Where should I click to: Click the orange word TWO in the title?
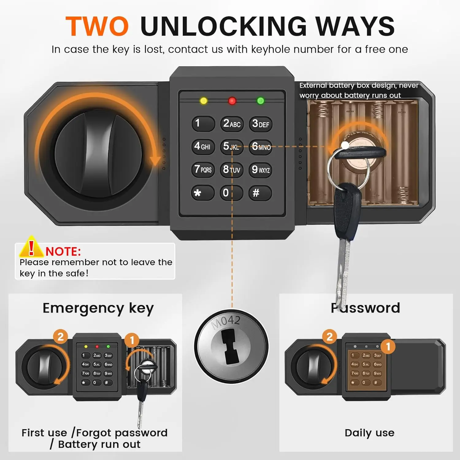click(97, 26)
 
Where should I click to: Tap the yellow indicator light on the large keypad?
click(203, 101)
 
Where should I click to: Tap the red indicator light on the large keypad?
click(232, 101)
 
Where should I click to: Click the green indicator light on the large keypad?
click(260, 101)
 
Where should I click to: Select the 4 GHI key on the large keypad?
click(203, 146)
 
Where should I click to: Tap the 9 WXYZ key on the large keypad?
click(260, 170)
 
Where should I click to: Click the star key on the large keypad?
click(203, 193)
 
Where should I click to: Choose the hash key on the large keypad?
click(260, 193)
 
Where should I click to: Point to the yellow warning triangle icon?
click(31, 247)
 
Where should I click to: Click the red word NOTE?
click(63, 251)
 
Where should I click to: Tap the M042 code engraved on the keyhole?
click(226, 322)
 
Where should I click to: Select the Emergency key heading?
click(98, 308)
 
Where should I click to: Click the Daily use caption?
click(369, 433)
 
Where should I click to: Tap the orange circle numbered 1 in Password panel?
click(388, 347)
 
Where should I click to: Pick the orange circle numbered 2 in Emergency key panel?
click(60, 336)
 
